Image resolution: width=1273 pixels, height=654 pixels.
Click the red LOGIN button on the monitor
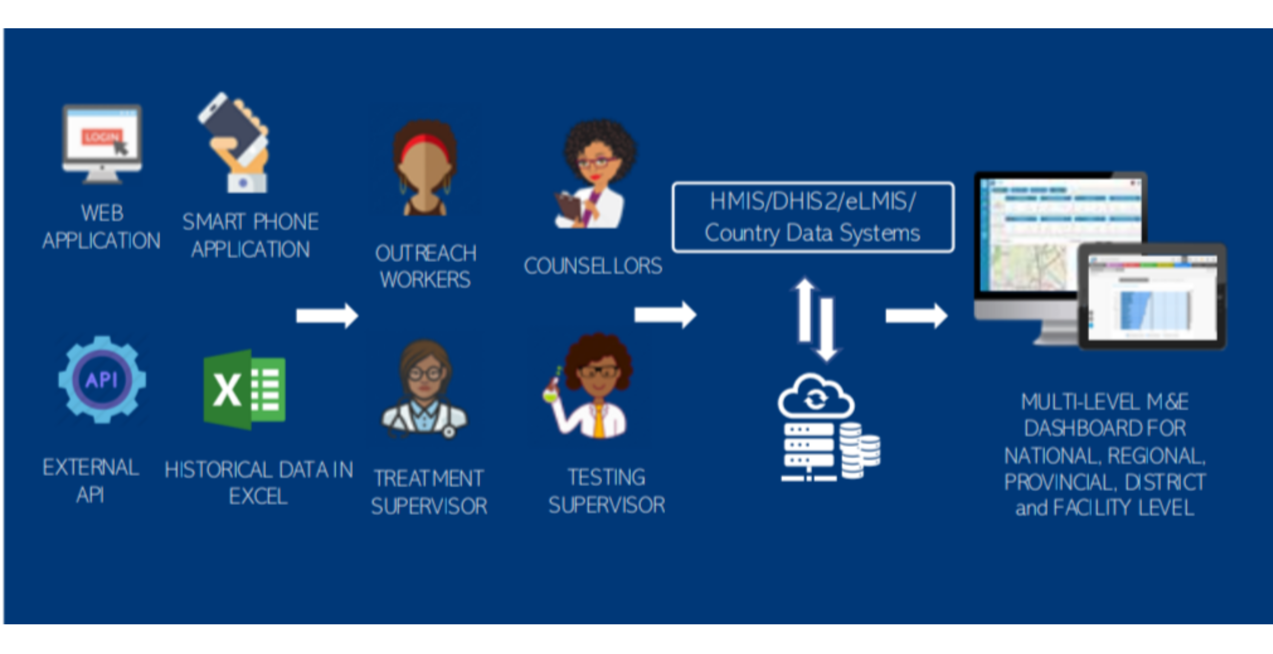(101, 137)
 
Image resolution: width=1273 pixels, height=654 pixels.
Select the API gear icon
(102, 379)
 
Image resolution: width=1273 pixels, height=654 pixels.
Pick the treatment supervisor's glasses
(425, 373)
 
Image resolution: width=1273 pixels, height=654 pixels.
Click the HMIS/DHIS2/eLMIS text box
(812, 217)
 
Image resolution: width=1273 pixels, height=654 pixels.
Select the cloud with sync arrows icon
(815, 397)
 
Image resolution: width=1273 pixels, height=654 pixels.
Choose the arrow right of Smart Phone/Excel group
(327, 316)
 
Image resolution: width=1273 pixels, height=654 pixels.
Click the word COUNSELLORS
(593, 266)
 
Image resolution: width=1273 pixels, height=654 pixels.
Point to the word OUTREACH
(425, 253)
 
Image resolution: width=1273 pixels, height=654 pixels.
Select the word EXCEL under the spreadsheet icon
(258, 496)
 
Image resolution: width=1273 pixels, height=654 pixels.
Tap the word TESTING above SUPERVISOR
(607, 478)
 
